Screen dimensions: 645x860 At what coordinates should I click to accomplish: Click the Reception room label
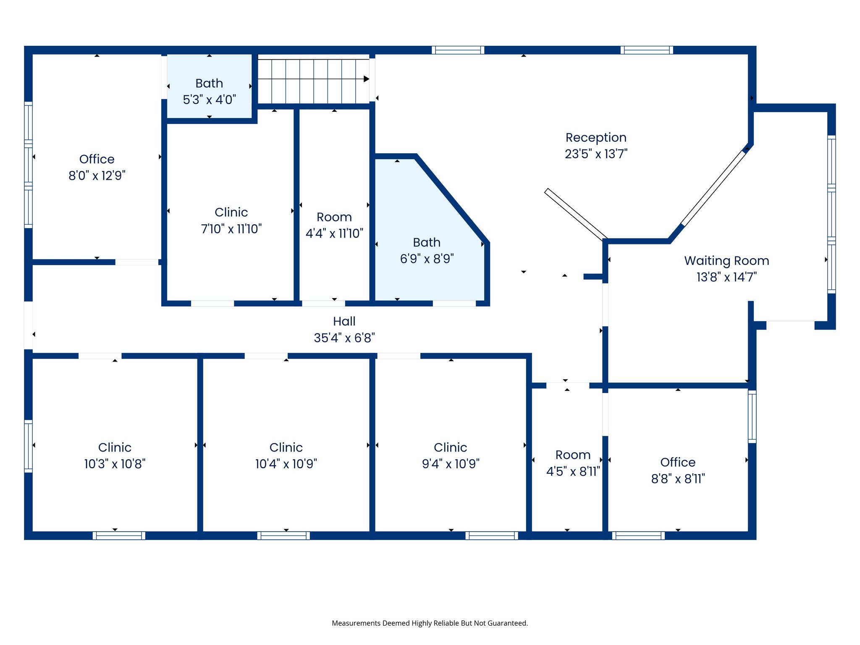[x=595, y=138]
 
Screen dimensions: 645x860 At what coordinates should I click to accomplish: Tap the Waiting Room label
[x=726, y=261]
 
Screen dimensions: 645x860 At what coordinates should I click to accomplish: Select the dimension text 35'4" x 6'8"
[x=344, y=338]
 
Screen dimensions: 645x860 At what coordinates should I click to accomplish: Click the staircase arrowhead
[x=366, y=79]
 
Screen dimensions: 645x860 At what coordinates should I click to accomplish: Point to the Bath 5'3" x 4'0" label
[x=209, y=91]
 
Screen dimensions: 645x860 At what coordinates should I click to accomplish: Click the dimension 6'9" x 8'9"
[x=427, y=259]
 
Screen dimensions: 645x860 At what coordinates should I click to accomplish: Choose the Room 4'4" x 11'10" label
[x=334, y=225]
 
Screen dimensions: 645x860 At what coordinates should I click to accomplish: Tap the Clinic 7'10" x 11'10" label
[x=231, y=220]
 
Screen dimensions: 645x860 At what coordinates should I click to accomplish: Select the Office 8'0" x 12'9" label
[x=97, y=167]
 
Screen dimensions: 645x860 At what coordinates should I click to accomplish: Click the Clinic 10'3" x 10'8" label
[x=115, y=456]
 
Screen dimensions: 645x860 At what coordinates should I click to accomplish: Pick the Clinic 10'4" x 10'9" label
[x=286, y=456]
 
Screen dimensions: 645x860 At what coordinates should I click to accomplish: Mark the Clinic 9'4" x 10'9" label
[x=451, y=456]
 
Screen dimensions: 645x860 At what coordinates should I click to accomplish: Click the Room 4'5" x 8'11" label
[x=573, y=463]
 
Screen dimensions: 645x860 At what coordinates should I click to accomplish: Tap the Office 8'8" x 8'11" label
[x=678, y=470]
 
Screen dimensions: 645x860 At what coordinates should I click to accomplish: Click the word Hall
[x=344, y=321]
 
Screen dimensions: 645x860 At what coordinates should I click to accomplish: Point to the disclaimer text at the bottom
[x=430, y=623]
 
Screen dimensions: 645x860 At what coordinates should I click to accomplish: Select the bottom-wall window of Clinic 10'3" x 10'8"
[x=119, y=535]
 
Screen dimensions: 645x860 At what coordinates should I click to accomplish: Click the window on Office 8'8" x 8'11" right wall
[x=752, y=416]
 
